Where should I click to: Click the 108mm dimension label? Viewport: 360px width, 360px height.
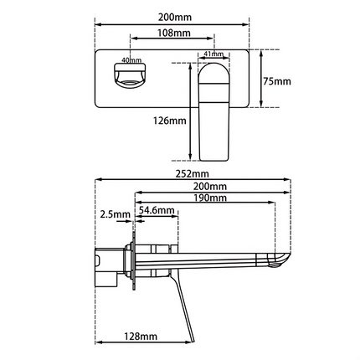[x=173, y=33]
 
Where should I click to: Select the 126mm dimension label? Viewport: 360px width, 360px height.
[x=169, y=121]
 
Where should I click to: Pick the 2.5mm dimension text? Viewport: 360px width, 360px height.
[x=115, y=215]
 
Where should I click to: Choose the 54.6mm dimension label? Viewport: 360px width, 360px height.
[x=157, y=210]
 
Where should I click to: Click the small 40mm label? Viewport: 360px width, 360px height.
[x=130, y=60]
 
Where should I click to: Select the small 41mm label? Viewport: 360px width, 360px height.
[x=212, y=55]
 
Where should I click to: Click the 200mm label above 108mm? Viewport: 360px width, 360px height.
[x=173, y=16]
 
